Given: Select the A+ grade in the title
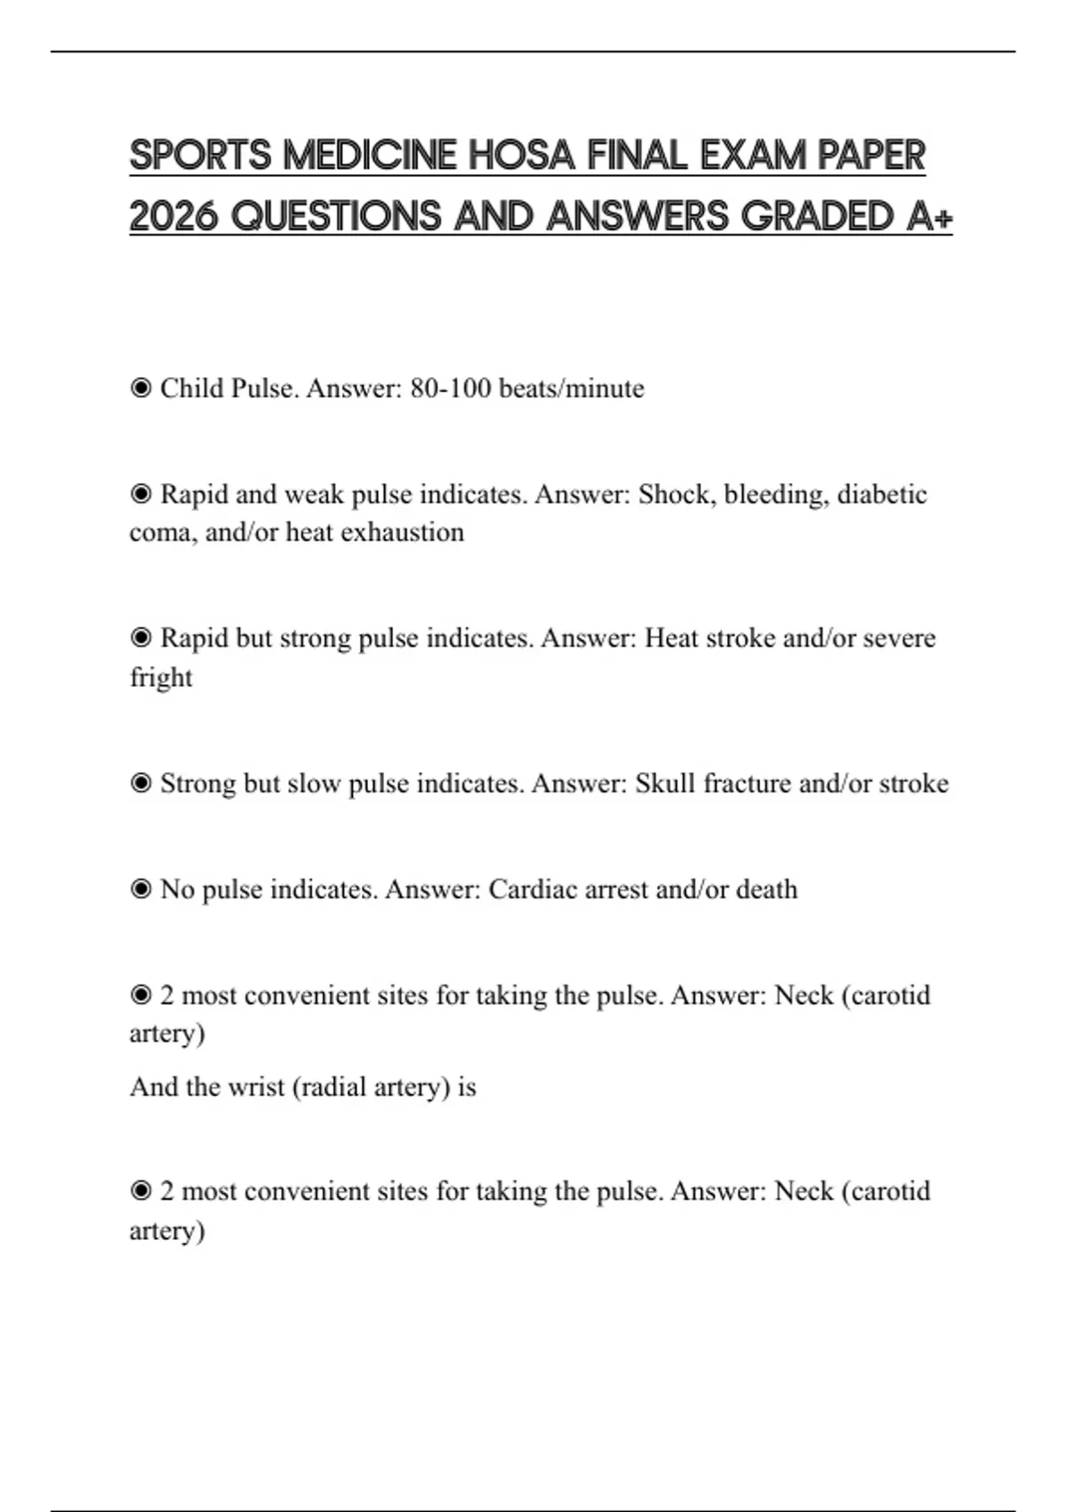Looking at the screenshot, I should (x=929, y=216).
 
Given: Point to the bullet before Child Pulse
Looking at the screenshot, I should (x=140, y=388).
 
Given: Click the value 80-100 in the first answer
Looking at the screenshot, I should (x=450, y=389).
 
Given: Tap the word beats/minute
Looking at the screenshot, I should (x=572, y=389).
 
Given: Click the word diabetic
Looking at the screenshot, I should (x=882, y=495).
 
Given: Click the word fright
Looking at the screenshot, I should (x=161, y=678).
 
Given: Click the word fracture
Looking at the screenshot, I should (x=747, y=784).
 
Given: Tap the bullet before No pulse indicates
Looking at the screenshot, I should (x=140, y=889).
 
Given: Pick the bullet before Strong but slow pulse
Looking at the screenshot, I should (x=140, y=784).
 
